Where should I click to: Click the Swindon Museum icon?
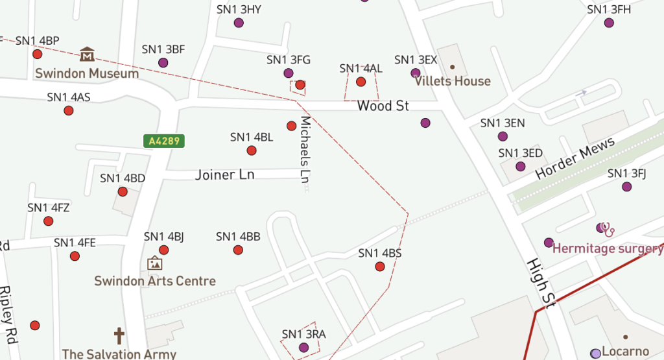87,54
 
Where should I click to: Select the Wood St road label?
383,106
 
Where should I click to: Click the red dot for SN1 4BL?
252,150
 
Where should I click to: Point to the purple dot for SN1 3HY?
239,23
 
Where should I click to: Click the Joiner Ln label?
225,174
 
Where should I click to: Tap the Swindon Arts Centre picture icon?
154,263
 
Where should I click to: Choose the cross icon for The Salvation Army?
119,336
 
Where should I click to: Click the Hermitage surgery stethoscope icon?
608,229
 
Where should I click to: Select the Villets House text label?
453,81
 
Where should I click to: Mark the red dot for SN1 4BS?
380,267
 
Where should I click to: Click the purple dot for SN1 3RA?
303,348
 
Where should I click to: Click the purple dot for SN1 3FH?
609,23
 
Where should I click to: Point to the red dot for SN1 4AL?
361,82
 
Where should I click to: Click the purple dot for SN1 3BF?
163,63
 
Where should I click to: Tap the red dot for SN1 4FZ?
49,221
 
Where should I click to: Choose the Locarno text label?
625,352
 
